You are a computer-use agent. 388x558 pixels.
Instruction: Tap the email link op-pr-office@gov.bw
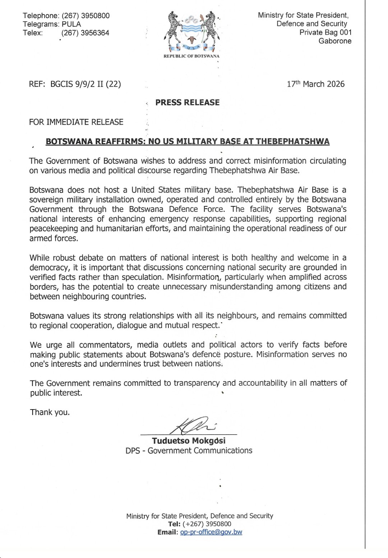click(211, 532)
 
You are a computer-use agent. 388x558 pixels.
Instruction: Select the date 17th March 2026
click(315, 84)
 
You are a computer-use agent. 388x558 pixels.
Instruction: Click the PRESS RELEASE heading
click(187, 102)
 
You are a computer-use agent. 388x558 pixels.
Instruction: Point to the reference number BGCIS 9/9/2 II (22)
click(86, 84)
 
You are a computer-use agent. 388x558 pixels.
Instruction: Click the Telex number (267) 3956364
click(85, 33)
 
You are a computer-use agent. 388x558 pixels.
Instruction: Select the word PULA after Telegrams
click(71, 24)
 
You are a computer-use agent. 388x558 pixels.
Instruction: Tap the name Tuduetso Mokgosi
click(189, 441)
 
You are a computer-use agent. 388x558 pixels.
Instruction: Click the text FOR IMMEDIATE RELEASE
click(76, 122)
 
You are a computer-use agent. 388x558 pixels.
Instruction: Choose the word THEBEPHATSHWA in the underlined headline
click(292, 141)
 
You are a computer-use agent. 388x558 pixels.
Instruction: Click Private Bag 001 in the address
click(325, 32)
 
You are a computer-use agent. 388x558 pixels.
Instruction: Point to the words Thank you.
click(50, 412)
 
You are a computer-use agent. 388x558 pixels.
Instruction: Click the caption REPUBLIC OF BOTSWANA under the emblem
click(191, 56)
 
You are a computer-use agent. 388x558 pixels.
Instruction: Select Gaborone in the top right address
click(335, 41)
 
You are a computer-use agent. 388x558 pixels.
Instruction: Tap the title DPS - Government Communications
click(189, 450)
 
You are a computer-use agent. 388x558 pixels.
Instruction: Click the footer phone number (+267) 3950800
click(207, 524)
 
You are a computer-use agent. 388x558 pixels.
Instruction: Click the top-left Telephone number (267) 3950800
click(86, 15)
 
